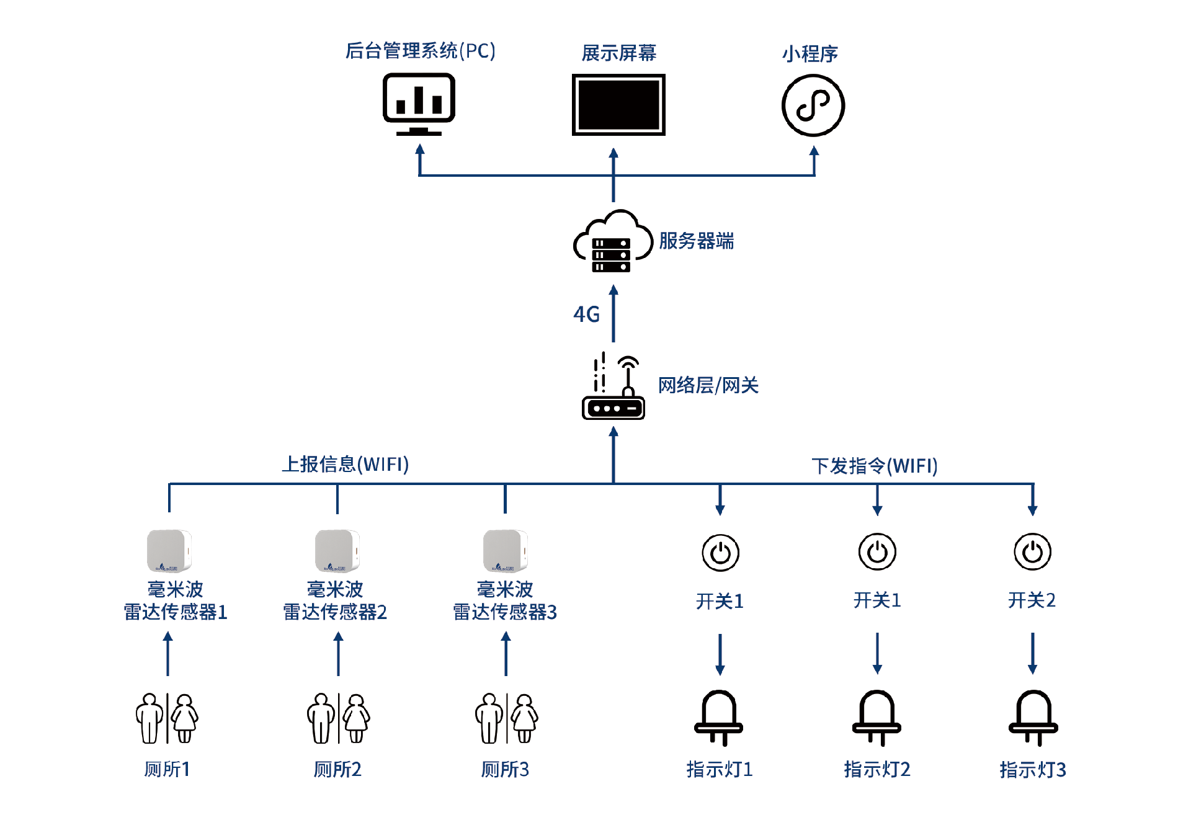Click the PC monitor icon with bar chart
click(419, 104)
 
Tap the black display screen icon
click(618, 104)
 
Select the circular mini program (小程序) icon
click(813, 105)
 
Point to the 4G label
click(586, 314)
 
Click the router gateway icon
click(613, 388)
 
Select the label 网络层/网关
click(708, 385)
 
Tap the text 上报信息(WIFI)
click(346, 464)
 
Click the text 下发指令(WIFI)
click(874, 466)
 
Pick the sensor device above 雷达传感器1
click(169, 550)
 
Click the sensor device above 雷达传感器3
click(505, 550)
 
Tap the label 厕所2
click(337, 769)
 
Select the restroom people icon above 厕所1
click(167, 718)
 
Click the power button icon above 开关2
click(1032, 551)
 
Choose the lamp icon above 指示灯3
click(1033, 718)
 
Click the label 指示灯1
click(720, 769)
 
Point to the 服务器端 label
click(696, 241)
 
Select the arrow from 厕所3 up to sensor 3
click(506, 654)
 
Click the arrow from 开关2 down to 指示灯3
click(1032, 653)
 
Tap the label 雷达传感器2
click(335, 612)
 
